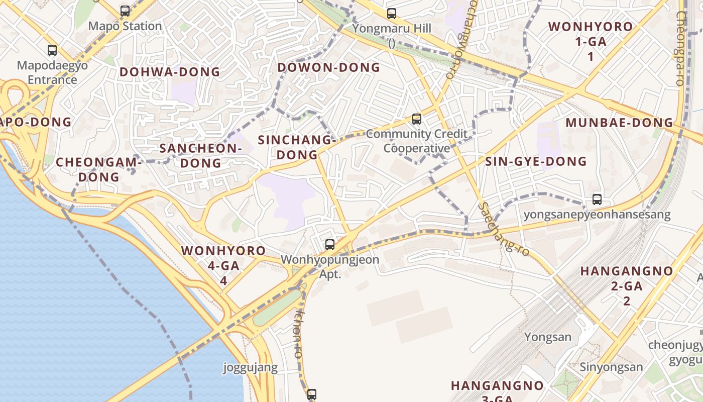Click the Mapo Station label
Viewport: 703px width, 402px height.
pyautogui.click(x=125, y=26)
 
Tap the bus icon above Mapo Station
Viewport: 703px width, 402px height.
pyautogui.click(x=125, y=11)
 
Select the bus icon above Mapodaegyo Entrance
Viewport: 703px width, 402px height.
pyautogui.click(x=52, y=50)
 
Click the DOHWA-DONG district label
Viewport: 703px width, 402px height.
pyautogui.click(x=170, y=72)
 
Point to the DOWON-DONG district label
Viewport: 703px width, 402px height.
pyautogui.click(x=329, y=67)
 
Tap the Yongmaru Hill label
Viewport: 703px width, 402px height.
pyautogui.click(x=392, y=28)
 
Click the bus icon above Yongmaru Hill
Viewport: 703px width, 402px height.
pyautogui.click(x=392, y=14)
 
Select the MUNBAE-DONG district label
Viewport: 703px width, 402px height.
pyautogui.click(x=619, y=123)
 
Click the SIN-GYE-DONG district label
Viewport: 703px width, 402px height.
pyautogui.click(x=536, y=161)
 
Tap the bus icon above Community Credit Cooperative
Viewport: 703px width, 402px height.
pyautogui.click(x=416, y=119)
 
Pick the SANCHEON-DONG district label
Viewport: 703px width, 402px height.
pyautogui.click(x=201, y=155)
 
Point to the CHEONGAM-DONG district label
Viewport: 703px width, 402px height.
pyautogui.click(x=99, y=169)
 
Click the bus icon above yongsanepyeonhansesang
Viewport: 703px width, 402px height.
pyautogui.click(x=597, y=199)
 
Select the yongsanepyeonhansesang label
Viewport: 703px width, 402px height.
pyautogui.click(x=597, y=215)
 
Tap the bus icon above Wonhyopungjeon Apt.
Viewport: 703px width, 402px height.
pyautogui.click(x=330, y=245)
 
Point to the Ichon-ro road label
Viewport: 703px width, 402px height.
pyautogui.click(x=299, y=333)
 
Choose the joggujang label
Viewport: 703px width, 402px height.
pyautogui.click(x=250, y=368)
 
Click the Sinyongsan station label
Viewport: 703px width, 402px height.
pyautogui.click(x=611, y=367)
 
